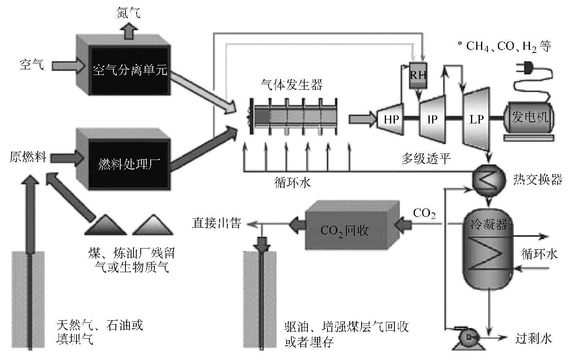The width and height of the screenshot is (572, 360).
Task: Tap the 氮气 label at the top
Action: tap(128, 13)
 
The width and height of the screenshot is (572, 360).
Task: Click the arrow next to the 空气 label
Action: tap(67, 65)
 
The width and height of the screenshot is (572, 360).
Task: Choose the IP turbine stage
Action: tap(432, 119)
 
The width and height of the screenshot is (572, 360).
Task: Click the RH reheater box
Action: tap(418, 76)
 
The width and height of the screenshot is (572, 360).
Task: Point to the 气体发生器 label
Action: tap(291, 85)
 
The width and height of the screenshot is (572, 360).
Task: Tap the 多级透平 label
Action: tap(426, 159)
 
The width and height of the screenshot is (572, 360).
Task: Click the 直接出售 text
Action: tap(216, 223)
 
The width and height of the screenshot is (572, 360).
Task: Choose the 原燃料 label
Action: tap(27, 156)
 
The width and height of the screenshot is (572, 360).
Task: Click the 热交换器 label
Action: tap(538, 179)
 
